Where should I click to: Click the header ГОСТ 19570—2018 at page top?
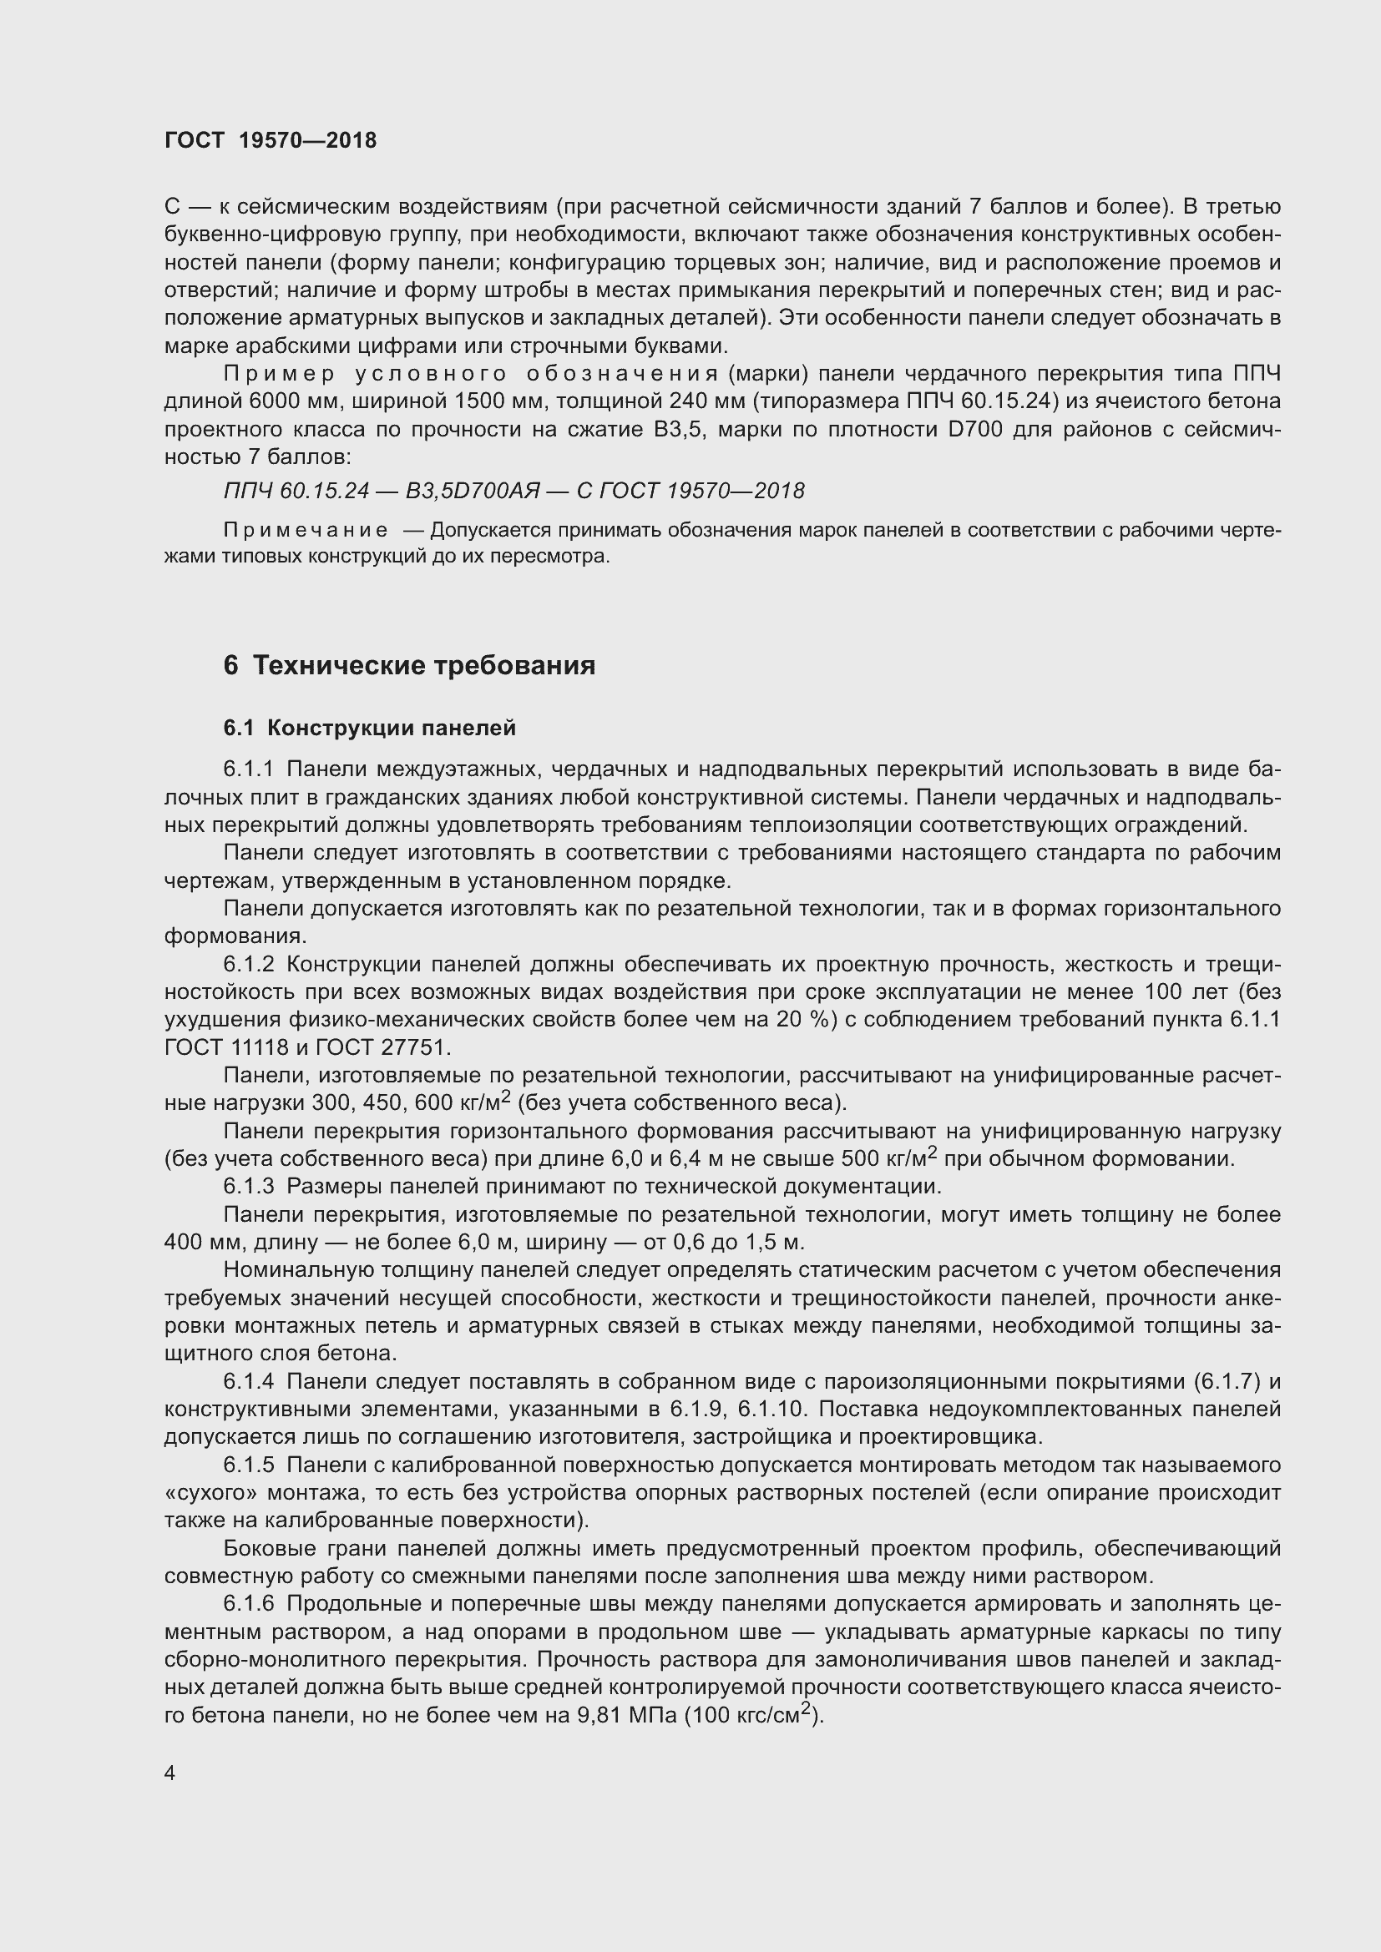tap(271, 141)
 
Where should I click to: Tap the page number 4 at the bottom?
tap(170, 1773)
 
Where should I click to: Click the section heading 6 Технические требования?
tap(409, 666)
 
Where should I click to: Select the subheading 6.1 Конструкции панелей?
tap(370, 728)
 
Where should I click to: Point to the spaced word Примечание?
tap(306, 531)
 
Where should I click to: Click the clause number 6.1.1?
tap(248, 769)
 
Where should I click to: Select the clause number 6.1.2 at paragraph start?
tap(248, 964)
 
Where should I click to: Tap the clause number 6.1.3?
tap(248, 1186)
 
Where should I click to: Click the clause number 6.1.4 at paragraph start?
tap(248, 1381)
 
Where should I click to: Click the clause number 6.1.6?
tap(248, 1604)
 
